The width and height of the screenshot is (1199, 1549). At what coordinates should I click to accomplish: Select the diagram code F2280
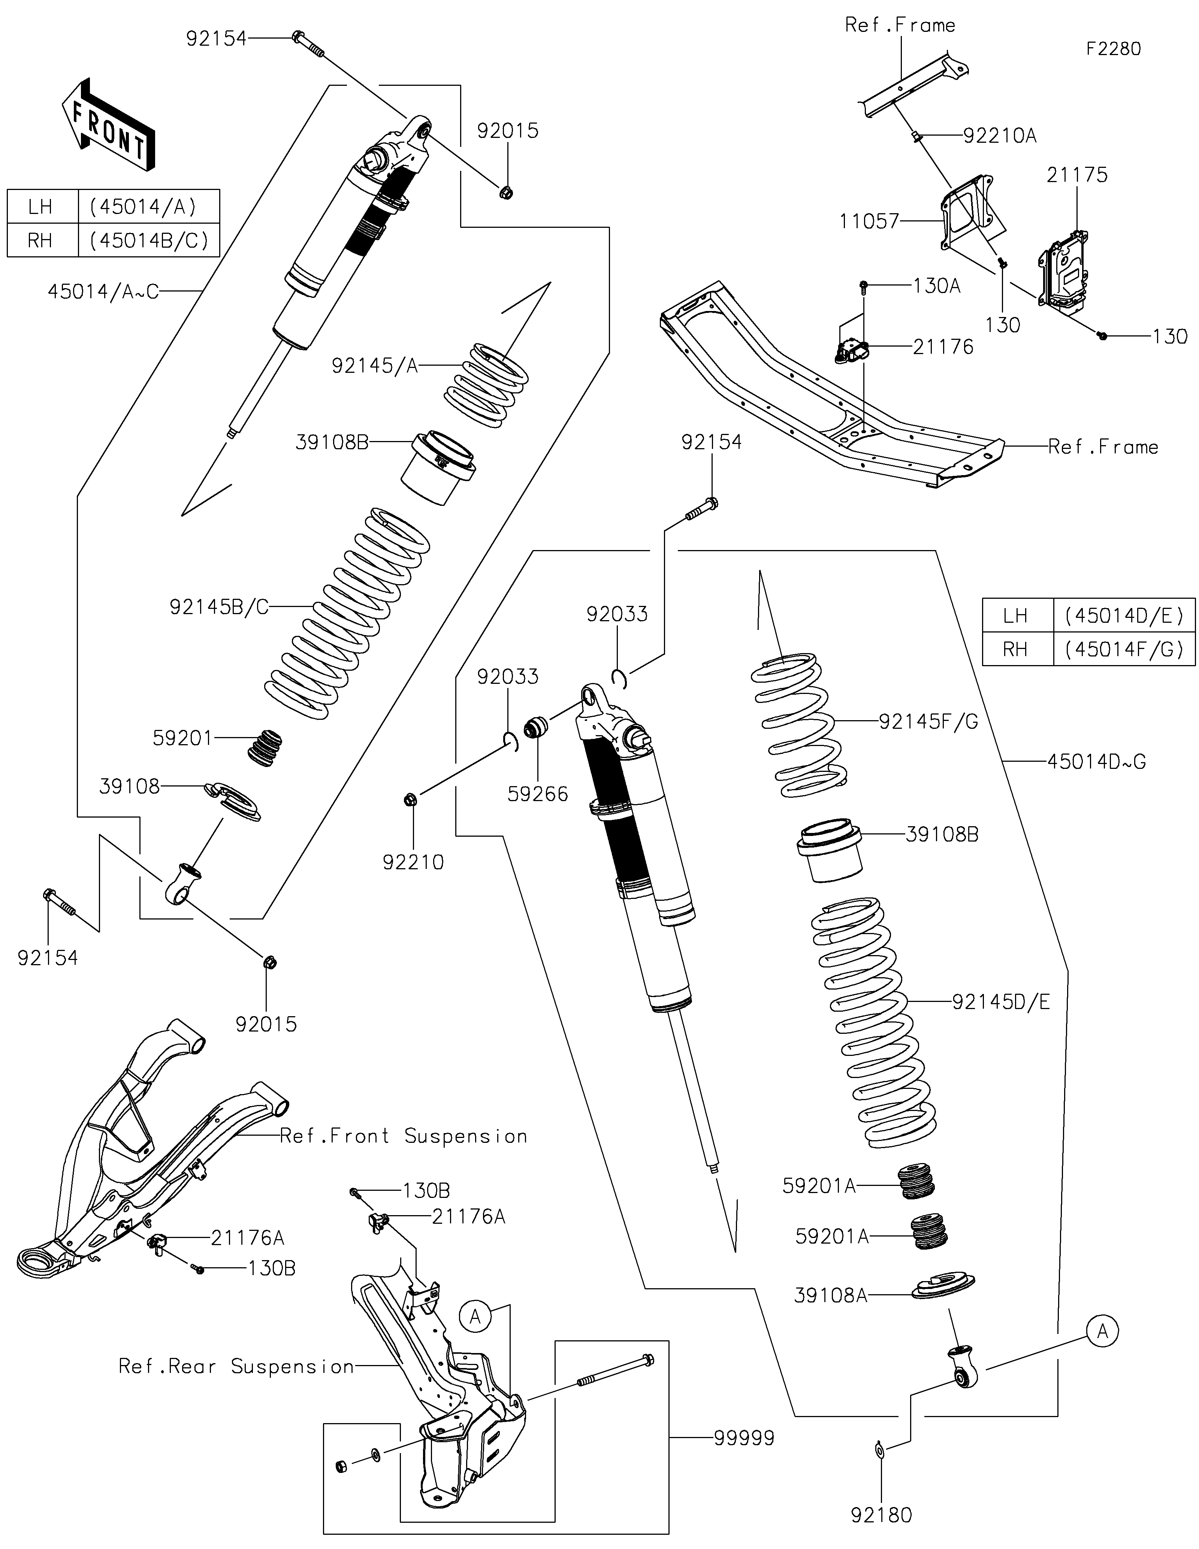(x=1113, y=49)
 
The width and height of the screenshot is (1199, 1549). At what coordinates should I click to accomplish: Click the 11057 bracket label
(x=869, y=221)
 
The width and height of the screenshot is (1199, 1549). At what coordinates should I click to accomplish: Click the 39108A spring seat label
(x=830, y=1296)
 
